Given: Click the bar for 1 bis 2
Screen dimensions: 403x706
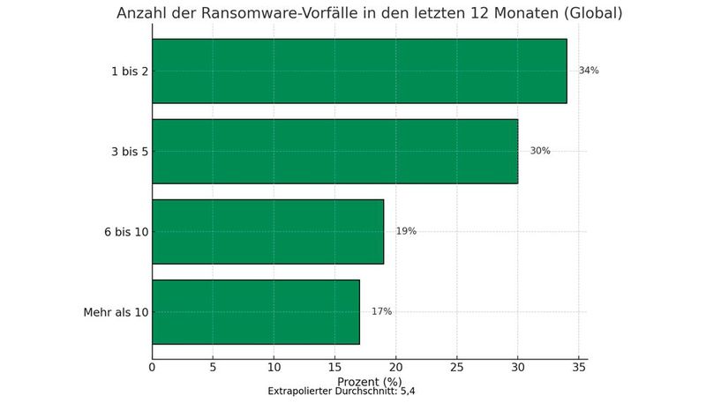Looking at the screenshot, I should [359, 71].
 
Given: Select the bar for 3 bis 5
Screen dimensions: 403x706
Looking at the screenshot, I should [335, 151].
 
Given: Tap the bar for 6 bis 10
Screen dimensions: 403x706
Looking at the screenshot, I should [267, 231].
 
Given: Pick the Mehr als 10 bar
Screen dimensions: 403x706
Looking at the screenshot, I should [256, 311].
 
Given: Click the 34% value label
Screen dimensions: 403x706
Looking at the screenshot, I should [589, 71].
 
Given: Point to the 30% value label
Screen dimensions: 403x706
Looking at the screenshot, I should [540, 151].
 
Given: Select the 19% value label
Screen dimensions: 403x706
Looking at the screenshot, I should [406, 231].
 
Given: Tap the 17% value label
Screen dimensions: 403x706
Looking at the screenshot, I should [381, 311].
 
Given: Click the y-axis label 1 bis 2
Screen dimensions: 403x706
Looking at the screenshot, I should [129, 71].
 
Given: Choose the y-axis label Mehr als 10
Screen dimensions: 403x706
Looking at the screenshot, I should [116, 312].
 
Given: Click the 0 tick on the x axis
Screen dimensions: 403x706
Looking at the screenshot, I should [153, 367].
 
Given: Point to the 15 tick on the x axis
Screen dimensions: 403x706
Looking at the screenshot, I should [335, 367].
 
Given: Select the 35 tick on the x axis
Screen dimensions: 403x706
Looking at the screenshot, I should [579, 367].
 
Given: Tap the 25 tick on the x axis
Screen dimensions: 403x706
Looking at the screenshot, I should [457, 367].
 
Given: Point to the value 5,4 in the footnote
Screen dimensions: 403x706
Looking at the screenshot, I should [407, 391].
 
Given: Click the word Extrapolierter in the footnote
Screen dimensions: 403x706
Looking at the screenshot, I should [297, 391].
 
